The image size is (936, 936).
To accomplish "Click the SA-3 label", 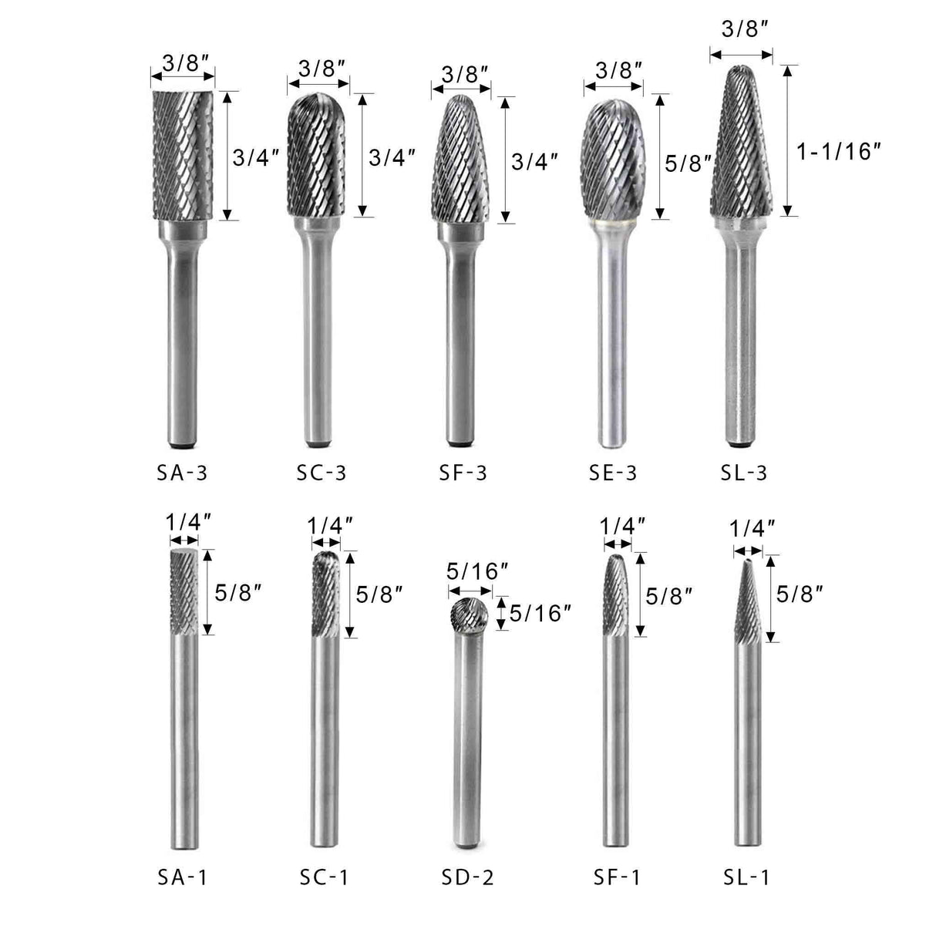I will click(x=182, y=472).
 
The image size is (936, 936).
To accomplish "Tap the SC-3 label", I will click(x=322, y=472).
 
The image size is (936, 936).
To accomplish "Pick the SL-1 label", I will click(x=746, y=876).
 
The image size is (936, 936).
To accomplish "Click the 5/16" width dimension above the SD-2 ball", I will click(x=476, y=571).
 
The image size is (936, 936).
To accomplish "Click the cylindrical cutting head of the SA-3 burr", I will click(x=182, y=154).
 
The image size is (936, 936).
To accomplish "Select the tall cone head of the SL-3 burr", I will click(x=741, y=146).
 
